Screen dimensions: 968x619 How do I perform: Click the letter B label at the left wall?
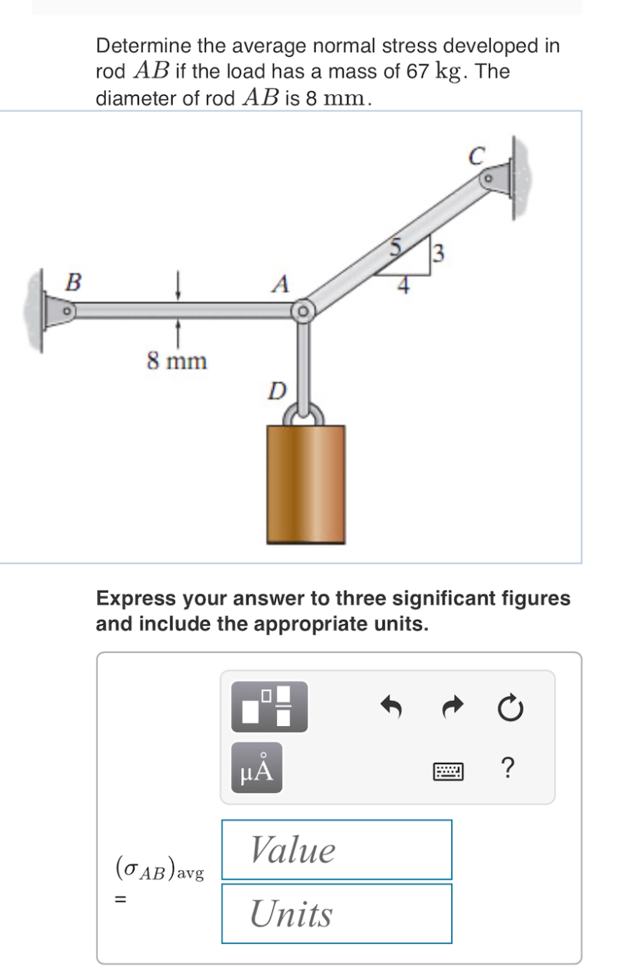(72, 282)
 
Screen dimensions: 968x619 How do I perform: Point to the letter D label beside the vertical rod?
(276, 390)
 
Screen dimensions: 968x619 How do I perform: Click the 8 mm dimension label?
(177, 361)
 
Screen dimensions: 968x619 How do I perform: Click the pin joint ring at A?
(302, 311)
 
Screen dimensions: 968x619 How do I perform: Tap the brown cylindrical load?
(306, 483)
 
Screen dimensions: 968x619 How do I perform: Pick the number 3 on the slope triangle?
(439, 253)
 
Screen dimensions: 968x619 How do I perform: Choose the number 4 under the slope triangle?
(403, 286)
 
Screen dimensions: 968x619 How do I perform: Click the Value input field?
(336, 850)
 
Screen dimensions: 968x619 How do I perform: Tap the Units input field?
(336, 914)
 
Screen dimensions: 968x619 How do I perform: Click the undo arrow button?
(392, 707)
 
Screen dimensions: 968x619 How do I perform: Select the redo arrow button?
(452, 707)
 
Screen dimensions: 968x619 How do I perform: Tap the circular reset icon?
(509, 707)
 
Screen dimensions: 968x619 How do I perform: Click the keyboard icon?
(449, 771)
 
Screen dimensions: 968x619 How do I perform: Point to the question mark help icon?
(508, 769)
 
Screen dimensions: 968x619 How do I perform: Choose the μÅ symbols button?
(256, 769)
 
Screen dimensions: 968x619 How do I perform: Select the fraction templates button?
(269, 707)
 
